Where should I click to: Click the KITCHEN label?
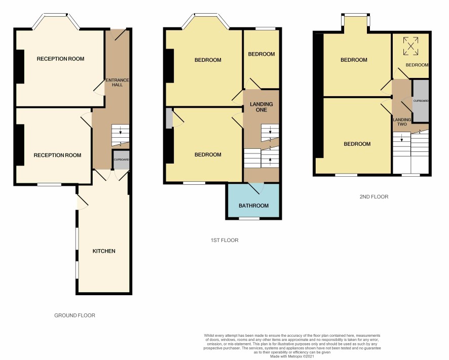(104, 251)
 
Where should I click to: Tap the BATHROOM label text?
(254, 206)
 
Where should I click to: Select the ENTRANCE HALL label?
(118, 83)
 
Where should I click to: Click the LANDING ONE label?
(261, 107)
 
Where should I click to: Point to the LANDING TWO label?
(402, 122)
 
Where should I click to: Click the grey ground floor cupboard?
(121, 159)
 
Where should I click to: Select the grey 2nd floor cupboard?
(421, 101)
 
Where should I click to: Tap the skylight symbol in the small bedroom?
(410, 46)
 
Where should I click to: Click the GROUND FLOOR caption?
(74, 315)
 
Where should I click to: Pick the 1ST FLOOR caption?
(224, 240)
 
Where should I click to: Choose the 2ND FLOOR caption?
(374, 196)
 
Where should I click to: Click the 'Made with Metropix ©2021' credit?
(292, 356)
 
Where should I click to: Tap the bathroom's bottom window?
(249, 218)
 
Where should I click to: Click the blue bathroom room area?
(254, 201)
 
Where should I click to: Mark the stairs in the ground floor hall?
(120, 135)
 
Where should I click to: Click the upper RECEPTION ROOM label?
(60, 59)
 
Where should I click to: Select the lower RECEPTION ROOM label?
(58, 155)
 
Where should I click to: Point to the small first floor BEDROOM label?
(261, 54)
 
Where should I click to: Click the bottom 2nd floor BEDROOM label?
(357, 144)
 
